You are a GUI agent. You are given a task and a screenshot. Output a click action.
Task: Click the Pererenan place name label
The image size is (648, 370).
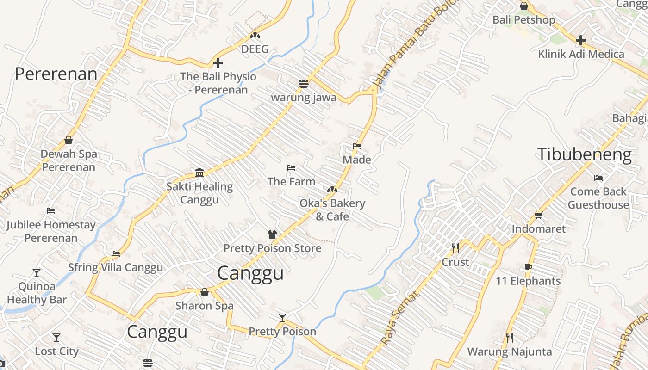click(x=56, y=74)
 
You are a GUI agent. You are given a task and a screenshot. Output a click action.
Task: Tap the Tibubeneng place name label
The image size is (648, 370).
click(x=584, y=154)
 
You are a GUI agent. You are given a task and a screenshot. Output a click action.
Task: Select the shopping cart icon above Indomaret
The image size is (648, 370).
click(x=538, y=215)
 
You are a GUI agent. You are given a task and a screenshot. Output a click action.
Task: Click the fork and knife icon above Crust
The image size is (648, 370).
click(x=455, y=248)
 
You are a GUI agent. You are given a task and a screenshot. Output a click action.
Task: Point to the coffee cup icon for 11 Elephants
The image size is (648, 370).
click(x=528, y=267)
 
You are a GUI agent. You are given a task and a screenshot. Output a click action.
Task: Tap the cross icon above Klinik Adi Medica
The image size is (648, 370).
click(x=580, y=40)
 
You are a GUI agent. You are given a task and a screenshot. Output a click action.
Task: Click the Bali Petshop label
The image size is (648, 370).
click(x=523, y=20)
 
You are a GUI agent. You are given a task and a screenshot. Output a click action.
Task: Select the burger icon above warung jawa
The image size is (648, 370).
click(x=304, y=84)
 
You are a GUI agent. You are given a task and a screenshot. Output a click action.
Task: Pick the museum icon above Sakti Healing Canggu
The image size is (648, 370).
click(x=199, y=173)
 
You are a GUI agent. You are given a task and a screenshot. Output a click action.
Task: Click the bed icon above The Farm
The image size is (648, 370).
click(x=291, y=168)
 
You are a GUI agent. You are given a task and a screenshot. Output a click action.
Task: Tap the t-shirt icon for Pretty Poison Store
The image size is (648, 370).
click(x=272, y=234)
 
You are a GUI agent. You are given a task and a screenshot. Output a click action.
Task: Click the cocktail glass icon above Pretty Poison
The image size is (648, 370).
click(x=282, y=317)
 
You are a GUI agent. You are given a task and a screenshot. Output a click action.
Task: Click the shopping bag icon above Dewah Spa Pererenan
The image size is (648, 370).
click(x=69, y=140)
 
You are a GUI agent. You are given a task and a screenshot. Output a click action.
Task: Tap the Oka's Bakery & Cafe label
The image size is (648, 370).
click(x=332, y=210)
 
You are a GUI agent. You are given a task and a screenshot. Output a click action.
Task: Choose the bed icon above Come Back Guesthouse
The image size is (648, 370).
click(x=598, y=178)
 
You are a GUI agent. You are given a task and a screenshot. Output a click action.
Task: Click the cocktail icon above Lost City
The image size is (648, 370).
click(x=56, y=338)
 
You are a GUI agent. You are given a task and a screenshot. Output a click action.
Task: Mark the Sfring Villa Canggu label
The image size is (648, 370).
click(x=115, y=267)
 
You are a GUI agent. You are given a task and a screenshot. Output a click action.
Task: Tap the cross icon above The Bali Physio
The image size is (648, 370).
click(x=218, y=63)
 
